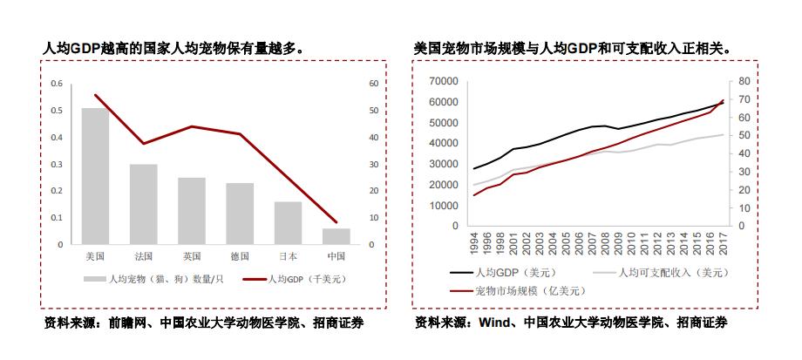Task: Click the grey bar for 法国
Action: point(144,204)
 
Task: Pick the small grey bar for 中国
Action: point(336,236)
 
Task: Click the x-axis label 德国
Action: point(240,256)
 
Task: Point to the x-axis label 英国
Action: point(192,256)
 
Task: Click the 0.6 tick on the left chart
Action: point(57,84)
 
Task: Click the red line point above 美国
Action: point(95,95)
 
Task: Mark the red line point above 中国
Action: point(336,221)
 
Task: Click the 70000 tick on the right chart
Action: point(444,81)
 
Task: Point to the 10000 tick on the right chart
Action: point(444,206)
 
